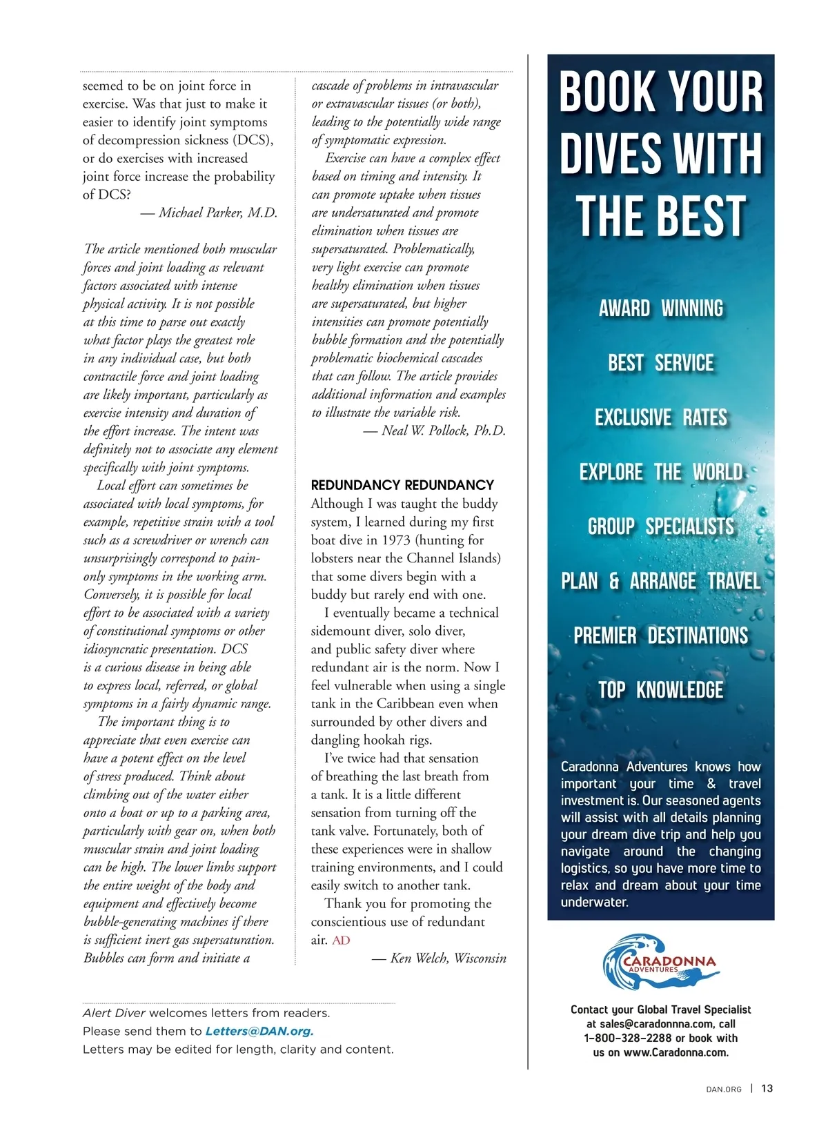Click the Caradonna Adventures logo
661,963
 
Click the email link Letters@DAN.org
259,1032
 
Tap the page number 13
767,1089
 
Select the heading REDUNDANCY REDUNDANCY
402,485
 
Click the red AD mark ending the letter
341,940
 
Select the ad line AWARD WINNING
661,308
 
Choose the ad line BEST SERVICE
661,363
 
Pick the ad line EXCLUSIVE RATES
661,417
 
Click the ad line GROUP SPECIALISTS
661,526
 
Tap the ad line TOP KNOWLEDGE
661,690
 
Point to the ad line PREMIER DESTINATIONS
661,636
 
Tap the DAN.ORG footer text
724,1090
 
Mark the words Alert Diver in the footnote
114,1014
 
